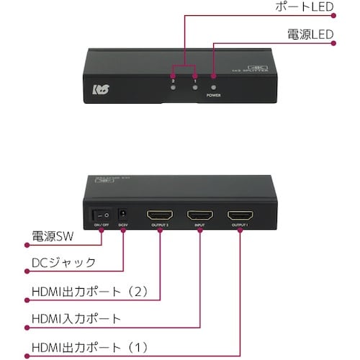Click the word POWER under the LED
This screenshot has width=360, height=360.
pyautogui.click(x=214, y=95)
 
